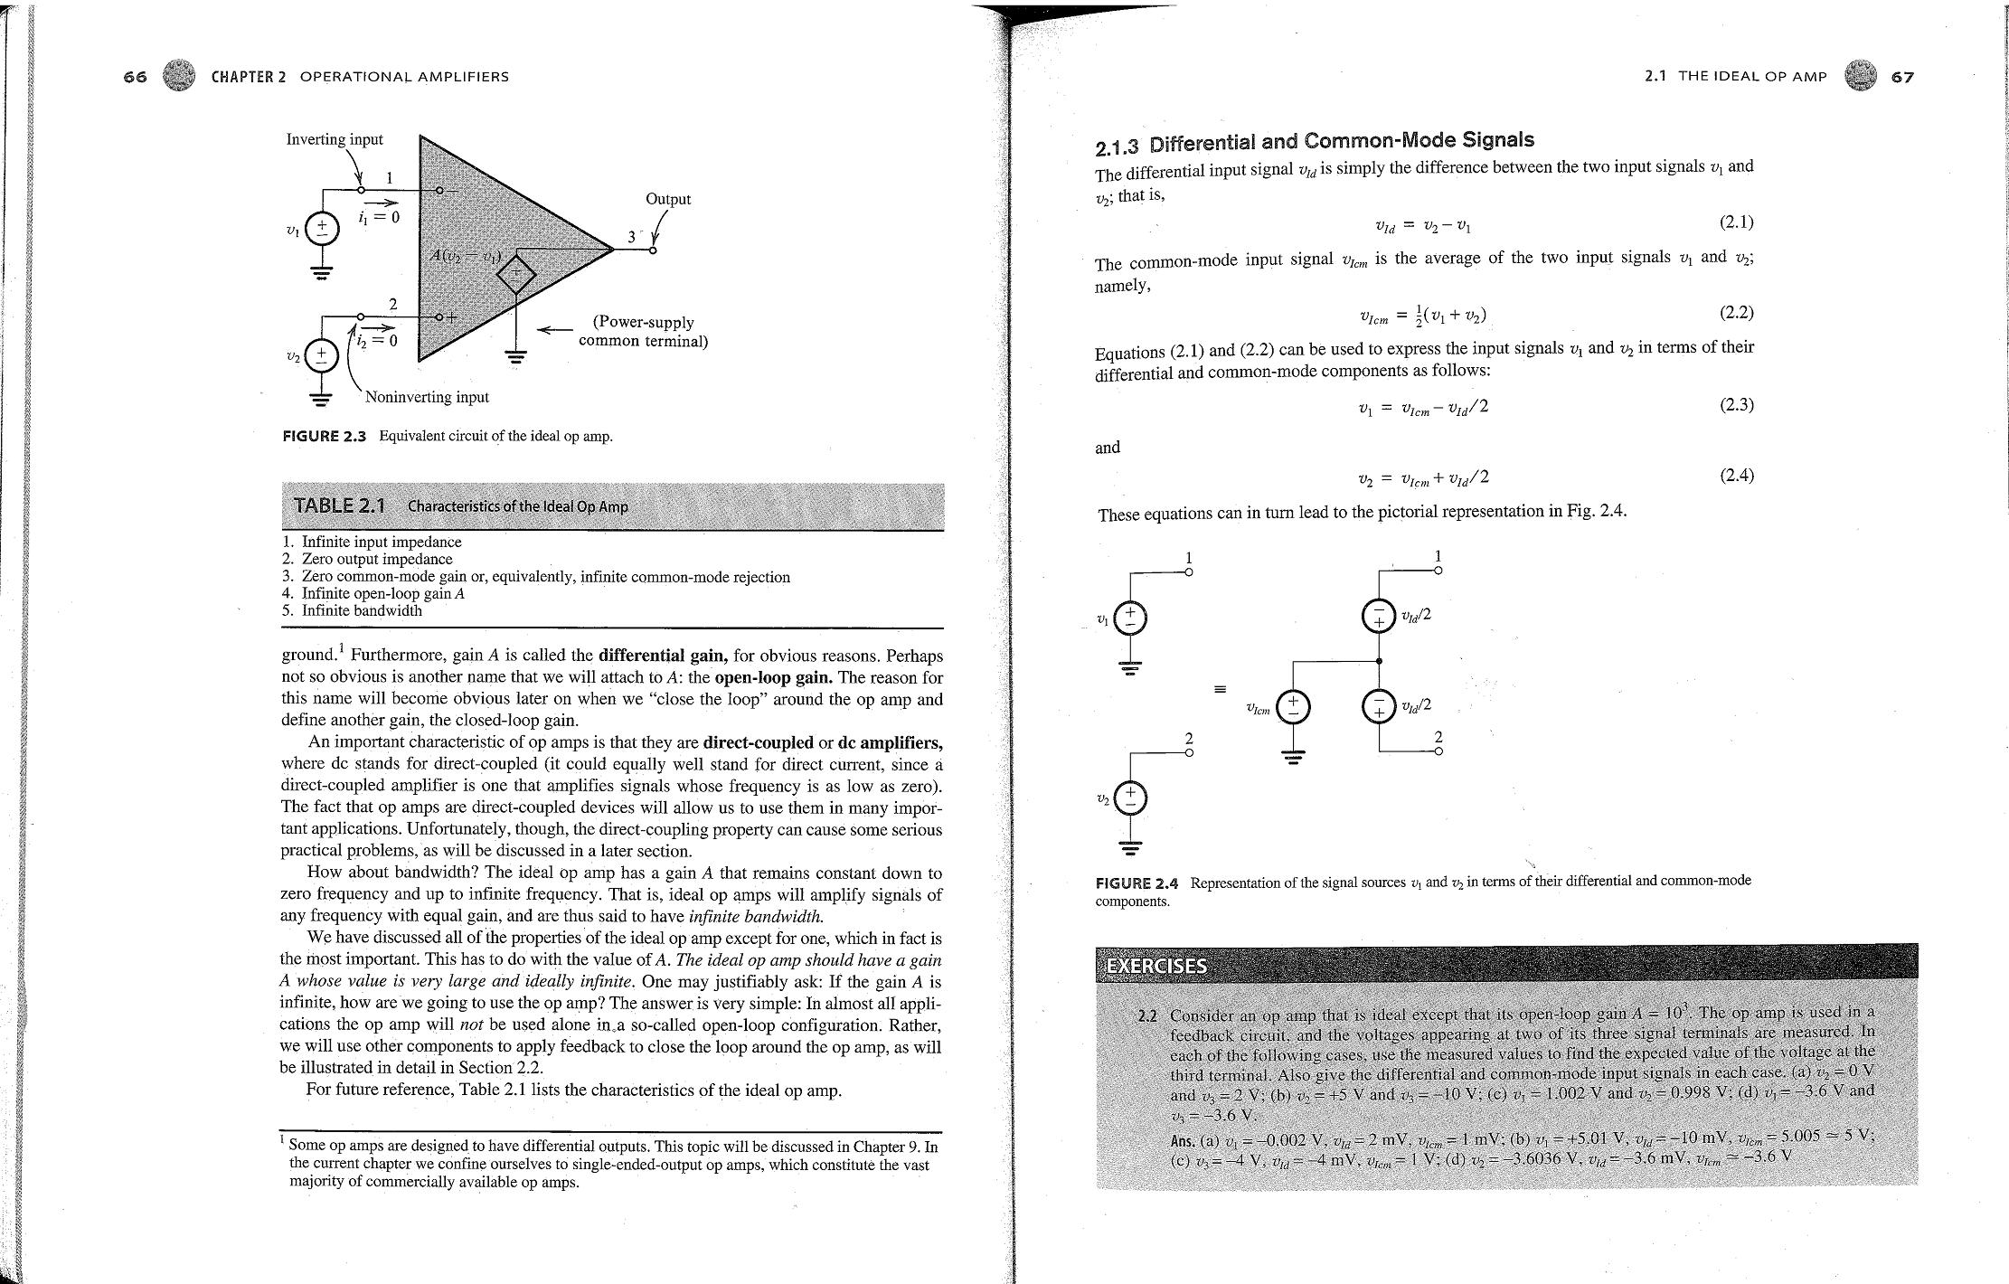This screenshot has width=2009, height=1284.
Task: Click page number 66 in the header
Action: tap(135, 77)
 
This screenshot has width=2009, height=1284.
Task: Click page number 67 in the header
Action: tap(1902, 77)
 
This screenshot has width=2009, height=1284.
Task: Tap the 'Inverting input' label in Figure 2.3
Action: tap(335, 139)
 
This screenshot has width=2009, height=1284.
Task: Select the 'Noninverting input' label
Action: tap(427, 397)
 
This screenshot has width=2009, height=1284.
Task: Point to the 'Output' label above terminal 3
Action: tap(668, 199)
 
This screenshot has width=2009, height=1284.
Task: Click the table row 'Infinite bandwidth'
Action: tap(361, 610)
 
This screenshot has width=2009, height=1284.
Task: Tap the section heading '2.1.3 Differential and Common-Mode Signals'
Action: tap(1315, 142)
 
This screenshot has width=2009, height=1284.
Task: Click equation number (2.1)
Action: tap(1736, 222)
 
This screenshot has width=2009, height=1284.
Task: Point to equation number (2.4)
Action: tap(1736, 476)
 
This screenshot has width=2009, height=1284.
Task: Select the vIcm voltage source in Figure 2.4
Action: tap(1294, 707)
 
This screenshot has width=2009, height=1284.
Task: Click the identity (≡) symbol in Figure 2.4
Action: tap(1221, 690)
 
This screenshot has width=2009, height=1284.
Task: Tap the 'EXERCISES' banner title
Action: tap(1157, 965)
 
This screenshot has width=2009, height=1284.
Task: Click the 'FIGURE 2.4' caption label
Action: tap(1137, 883)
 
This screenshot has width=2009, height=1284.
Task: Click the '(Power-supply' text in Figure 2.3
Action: tap(643, 323)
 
